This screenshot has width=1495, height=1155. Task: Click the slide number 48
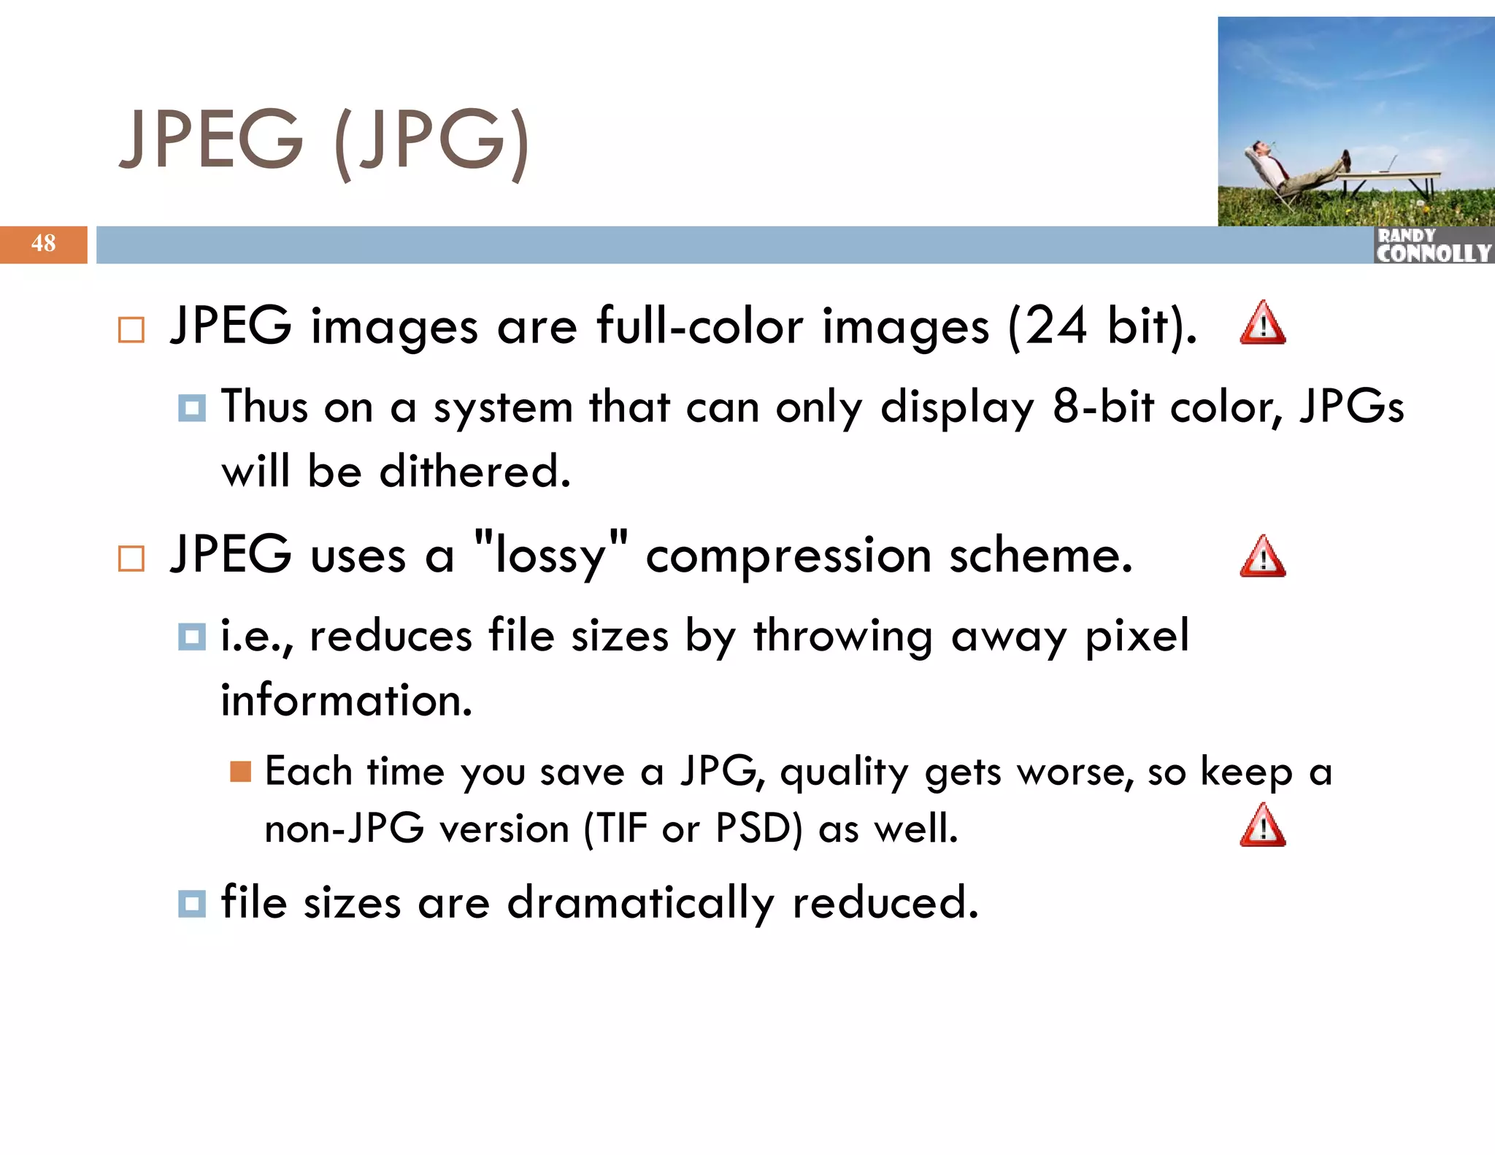[43, 244]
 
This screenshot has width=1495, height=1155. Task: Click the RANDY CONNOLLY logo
[1433, 245]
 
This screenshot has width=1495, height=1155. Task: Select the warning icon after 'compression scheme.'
[1262, 557]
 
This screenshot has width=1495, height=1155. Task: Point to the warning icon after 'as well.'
[1262, 826]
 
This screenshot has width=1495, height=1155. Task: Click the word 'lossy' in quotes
[550, 556]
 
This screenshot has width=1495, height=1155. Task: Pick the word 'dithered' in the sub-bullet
[474, 471]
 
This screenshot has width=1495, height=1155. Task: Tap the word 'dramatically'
[640, 902]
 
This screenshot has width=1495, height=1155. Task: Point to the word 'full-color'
[699, 326]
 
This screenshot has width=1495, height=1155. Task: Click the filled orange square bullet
[240, 772]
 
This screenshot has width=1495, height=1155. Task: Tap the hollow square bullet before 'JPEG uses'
[131, 559]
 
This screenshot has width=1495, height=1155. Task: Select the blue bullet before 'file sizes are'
[192, 904]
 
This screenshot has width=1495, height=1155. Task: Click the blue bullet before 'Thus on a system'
[192, 408]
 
